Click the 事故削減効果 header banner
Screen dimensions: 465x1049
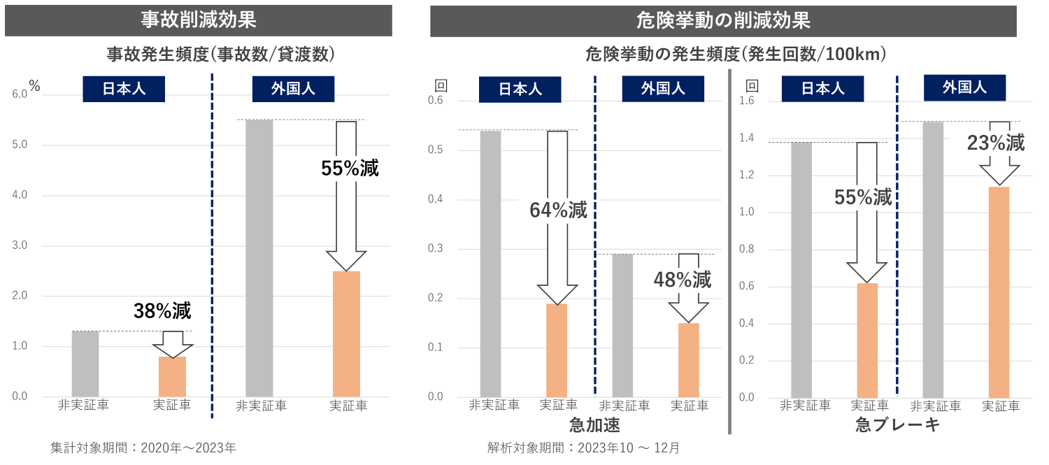click(198, 20)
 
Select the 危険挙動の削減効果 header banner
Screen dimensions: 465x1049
click(723, 20)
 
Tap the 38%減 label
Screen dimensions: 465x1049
click(162, 310)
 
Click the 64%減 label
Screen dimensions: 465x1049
click(559, 209)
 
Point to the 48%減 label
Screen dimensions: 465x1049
click(683, 280)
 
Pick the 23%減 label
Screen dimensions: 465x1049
click(996, 143)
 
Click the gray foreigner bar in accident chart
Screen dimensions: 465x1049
click(259, 259)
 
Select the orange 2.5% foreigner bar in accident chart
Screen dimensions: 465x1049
click(346, 334)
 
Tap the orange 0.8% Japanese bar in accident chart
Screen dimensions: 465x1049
click(172, 377)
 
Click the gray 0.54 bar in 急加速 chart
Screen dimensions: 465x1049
click(490, 264)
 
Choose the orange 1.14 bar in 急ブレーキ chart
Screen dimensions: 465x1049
click(999, 292)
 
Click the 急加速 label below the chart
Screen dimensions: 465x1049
click(594, 425)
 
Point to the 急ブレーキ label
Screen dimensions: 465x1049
click(897, 425)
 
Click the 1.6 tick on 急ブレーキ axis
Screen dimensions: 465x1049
click(748, 101)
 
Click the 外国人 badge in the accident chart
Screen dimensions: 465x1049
click(293, 89)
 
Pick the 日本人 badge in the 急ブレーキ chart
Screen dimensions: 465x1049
click(822, 89)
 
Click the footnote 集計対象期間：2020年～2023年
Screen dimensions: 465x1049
click(143, 448)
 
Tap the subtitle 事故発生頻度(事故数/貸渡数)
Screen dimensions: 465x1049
click(220, 53)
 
